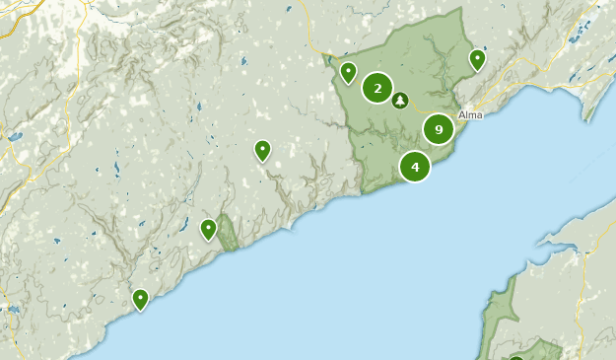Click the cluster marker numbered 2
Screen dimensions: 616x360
[x=377, y=88]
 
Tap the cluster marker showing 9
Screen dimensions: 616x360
[x=439, y=129]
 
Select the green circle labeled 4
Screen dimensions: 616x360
[x=415, y=167]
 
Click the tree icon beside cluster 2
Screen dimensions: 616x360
[x=400, y=100]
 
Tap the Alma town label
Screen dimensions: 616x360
[x=470, y=114]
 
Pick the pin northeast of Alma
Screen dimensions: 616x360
[x=477, y=59]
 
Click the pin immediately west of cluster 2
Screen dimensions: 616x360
[x=348, y=72]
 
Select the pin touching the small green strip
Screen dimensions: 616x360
[x=208, y=229]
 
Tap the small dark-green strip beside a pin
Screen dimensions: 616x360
[x=227, y=233]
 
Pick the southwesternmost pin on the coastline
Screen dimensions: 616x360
[x=141, y=298]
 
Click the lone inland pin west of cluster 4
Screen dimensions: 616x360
[x=262, y=150]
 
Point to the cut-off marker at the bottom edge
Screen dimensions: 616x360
[x=516, y=357]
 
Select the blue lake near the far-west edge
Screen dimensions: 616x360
[x=14, y=136]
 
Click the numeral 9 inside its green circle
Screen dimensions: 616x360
[x=439, y=129]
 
